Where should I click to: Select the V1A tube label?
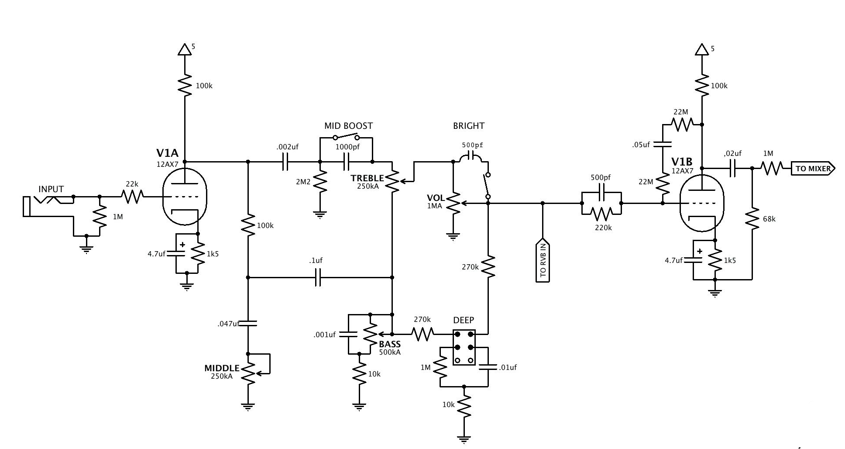(x=167, y=153)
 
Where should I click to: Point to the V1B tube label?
(x=682, y=162)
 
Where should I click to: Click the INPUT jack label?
(x=51, y=189)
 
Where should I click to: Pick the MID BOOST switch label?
(x=348, y=126)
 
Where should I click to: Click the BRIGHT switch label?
(x=469, y=126)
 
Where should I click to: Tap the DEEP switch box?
(x=464, y=348)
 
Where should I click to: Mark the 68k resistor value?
(x=769, y=219)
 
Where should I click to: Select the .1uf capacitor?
(x=318, y=277)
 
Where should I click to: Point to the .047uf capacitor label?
(x=228, y=324)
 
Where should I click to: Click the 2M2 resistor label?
(x=303, y=182)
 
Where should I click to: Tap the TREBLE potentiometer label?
(x=367, y=178)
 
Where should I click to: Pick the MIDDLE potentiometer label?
(x=222, y=368)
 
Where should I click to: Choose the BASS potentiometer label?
(x=390, y=344)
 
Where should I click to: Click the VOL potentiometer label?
(x=435, y=198)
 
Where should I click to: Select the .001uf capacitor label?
(x=324, y=335)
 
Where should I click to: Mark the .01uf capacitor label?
(x=507, y=367)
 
